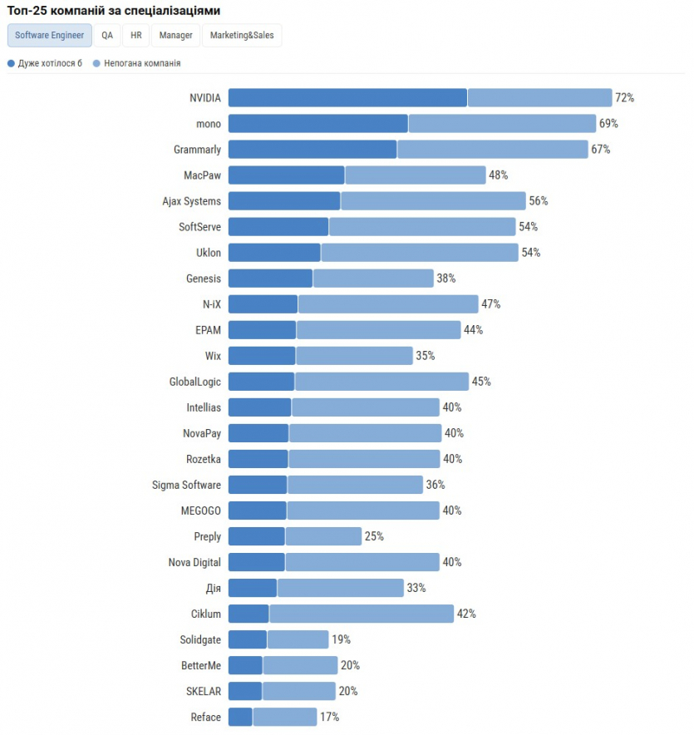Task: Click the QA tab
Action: tap(107, 36)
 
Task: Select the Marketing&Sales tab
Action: tap(242, 36)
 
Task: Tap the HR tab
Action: tap(135, 36)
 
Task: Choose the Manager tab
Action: tap(175, 36)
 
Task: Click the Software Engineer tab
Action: tap(49, 36)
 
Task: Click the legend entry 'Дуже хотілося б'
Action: tap(45, 63)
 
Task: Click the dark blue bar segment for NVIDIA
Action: tap(347, 98)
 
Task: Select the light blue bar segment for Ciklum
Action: tap(362, 614)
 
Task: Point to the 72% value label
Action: tap(624, 98)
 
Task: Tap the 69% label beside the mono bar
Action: tap(608, 124)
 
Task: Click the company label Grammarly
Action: tap(197, 150)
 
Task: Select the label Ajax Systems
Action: tap(191, 201)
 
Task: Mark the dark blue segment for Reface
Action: tap(240, 717)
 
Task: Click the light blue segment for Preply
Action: tap(323, 536)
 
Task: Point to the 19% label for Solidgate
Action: tap(341, 639)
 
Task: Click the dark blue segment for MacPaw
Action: tap(286, 175)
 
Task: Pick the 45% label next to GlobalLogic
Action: tap(481, 382)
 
